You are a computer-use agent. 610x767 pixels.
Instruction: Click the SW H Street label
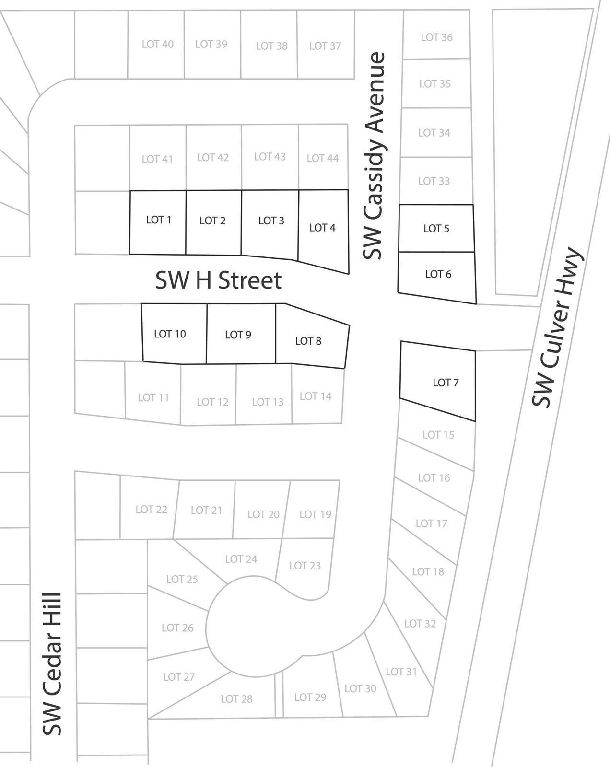(218, 280)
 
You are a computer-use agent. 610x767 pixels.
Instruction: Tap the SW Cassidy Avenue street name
(374, 156)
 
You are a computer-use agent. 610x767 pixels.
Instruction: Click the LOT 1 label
(159, 220)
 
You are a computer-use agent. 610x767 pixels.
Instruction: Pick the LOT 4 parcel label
(322, 228)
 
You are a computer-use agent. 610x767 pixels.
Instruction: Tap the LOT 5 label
(436, 229)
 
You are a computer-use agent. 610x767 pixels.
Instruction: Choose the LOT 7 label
(446, 383)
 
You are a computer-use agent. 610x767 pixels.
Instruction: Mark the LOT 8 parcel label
(308, 341)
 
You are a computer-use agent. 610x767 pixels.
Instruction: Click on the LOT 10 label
(170, 334)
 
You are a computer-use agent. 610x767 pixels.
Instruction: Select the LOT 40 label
(158, 44)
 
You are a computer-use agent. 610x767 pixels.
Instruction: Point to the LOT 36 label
(437, 37)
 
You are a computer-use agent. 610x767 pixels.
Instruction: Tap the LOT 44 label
(323, 158)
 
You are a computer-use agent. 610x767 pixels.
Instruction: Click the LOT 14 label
(316, 396)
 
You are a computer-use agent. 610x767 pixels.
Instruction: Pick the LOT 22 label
(152, 509)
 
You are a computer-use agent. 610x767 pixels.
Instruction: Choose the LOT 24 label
(241, 559)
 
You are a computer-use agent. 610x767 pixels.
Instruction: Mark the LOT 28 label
(236, 699)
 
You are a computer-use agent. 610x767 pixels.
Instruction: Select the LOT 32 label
(420, 623)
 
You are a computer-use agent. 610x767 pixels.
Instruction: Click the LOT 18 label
(428, 571)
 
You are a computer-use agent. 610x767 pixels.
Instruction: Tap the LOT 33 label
(434, 181)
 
